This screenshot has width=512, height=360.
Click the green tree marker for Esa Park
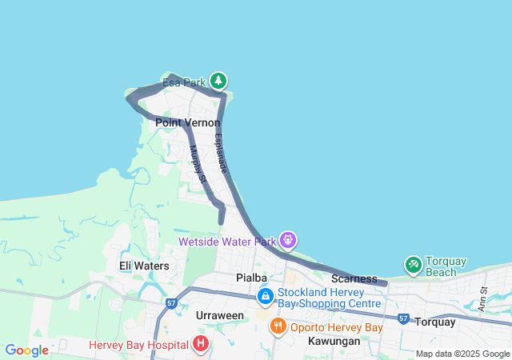pos(218,81)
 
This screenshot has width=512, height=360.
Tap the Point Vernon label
pos(187,122)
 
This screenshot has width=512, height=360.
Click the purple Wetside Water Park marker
pos(288,239)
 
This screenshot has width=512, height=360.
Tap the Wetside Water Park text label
pos(227,241)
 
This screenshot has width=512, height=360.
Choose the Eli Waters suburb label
pos(144,266)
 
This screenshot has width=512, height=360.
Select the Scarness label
pos(354,278)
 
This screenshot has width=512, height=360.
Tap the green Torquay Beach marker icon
pos(413,264)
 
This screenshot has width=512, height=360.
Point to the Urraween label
pos(220,315)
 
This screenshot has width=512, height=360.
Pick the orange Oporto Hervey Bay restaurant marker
pos(278,326)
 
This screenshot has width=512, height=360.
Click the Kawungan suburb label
pos(334,340)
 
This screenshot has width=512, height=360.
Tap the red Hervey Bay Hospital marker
pos(200,345)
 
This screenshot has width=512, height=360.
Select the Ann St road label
pos(482,302)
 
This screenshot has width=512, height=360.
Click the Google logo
pos(26,350)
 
